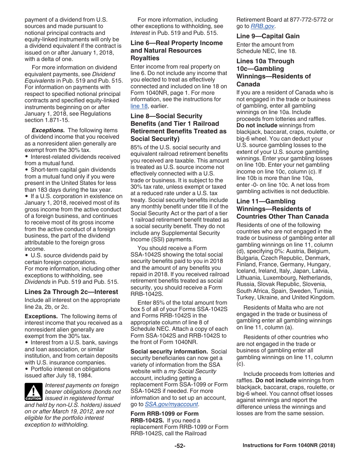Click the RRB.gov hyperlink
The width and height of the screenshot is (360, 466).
click(x=262, y=26)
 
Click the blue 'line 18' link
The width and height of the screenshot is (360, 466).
click(x=139, y=106)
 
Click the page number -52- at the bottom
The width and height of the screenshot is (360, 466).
click(x=180, y=446)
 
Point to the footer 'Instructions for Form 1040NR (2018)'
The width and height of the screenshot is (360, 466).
click(x=289, y=446)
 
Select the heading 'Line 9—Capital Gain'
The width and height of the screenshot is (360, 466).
click(x=268, y=36)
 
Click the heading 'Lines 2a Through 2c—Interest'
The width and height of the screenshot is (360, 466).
click(x=71, y=292)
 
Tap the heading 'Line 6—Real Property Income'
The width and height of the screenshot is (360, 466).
click(x=177, y=43)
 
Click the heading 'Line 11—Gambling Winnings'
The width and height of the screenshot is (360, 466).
click(x=266, y=202)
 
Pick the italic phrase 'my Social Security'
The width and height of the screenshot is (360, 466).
click(x=192, y=371)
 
